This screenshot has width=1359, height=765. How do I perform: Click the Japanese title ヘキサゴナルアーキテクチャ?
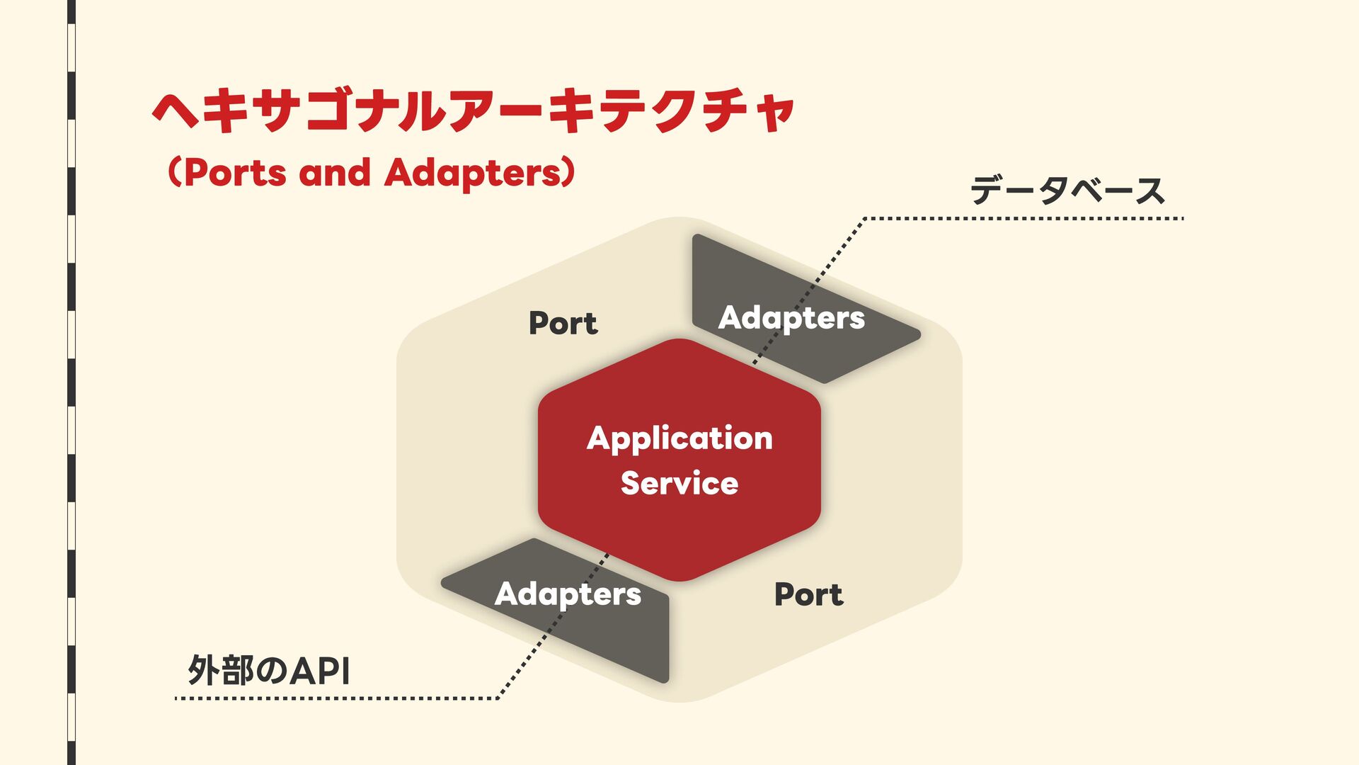pyautogui.click(x=473, y=111)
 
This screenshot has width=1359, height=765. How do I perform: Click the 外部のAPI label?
pyautogui.click(x=269, y=670)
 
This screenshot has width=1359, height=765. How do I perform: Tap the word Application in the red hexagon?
pyautogui.click(x=679, y=439)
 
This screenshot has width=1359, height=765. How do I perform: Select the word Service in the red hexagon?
pyautogui.click(x=679, y=483)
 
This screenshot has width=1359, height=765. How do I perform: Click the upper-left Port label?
pyautogui.click(x=563, y=323)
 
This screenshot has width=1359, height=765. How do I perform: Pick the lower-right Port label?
pyautogui.click(x=808, y=594)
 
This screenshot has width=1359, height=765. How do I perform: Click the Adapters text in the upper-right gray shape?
pyautogui.click(x=791, y=318)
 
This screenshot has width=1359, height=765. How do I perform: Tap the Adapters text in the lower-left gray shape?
pyautogui.click(x=568, y=594)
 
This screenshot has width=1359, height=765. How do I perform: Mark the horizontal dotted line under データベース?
pyautogui.click(x=1023, y=219)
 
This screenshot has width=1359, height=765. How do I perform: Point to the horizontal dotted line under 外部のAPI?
pyautogui.click(x=336, y=698)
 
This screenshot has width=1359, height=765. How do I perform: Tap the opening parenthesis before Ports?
pyautogui.click(x=174, y=173)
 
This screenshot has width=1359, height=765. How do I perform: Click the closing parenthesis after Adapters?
pyautogui.click(x=568, y=173)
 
